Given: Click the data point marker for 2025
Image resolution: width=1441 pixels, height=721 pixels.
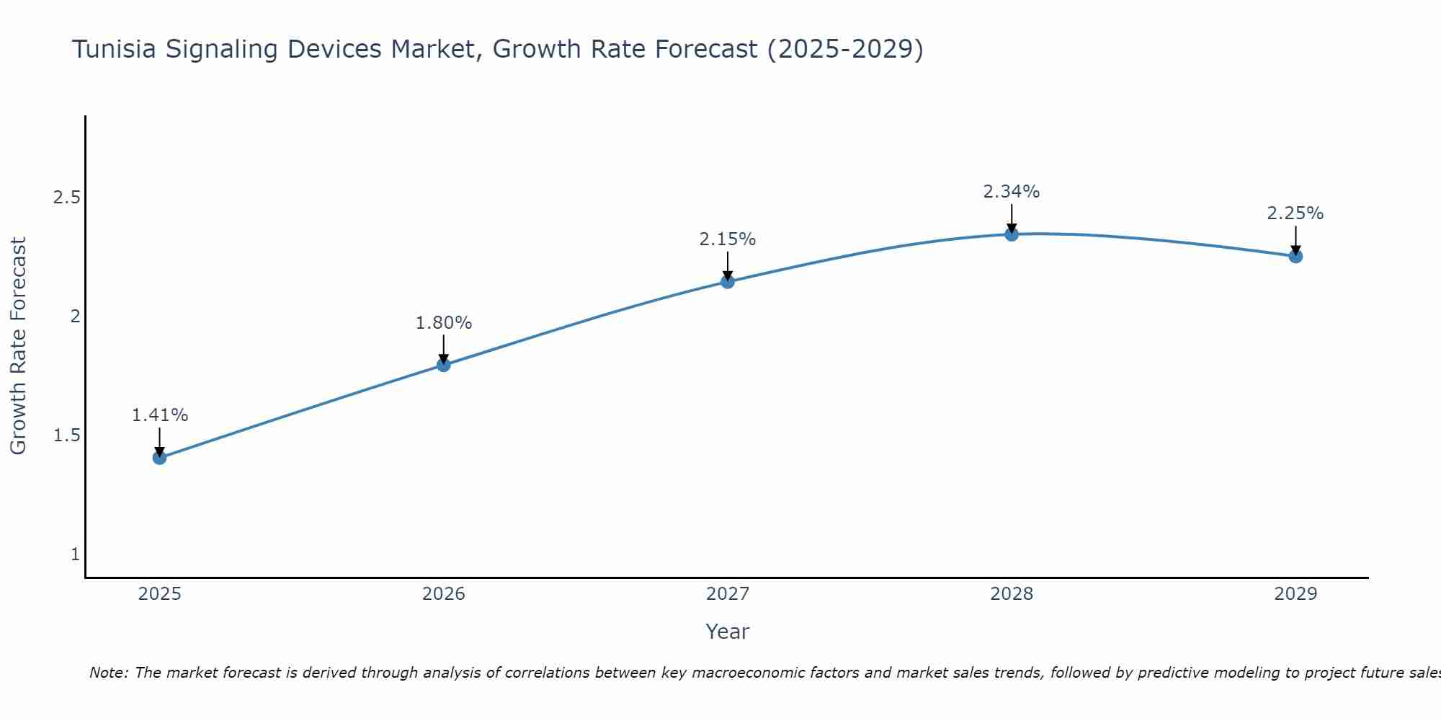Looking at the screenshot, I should [159, 458].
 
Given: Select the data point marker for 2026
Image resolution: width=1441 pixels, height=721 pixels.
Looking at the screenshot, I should [443, 365].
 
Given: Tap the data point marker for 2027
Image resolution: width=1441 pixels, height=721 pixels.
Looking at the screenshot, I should [728, 281].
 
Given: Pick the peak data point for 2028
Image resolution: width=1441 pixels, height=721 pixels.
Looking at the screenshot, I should [1012, 234].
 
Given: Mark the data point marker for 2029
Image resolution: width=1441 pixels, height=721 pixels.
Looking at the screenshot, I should [1295, 256].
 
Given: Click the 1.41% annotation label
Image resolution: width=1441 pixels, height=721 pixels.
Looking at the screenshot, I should [159, 415].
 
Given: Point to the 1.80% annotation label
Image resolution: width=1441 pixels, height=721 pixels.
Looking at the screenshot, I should [443, 323].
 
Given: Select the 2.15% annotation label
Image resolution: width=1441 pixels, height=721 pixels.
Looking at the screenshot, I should [728, 239].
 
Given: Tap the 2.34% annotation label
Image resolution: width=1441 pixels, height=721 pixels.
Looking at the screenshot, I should [1012, 192].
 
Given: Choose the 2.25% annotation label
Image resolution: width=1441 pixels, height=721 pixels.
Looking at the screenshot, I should [1295, 213].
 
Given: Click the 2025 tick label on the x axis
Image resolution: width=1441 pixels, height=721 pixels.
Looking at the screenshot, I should [159, 594].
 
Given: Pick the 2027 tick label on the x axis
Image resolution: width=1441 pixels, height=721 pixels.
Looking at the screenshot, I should [728, 594].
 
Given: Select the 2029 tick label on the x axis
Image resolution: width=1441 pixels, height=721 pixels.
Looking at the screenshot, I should [1295, 594].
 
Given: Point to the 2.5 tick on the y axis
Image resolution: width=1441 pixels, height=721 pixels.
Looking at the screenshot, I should [66, 198].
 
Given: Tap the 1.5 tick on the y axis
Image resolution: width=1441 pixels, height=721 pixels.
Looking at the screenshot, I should [66, 435].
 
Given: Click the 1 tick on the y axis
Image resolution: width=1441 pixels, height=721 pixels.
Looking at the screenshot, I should [75, 554].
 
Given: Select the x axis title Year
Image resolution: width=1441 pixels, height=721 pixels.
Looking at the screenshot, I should [728, 632].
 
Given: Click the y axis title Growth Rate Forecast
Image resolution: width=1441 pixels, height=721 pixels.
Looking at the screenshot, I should [18, 346].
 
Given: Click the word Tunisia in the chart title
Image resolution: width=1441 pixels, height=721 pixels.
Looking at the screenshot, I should [115, 50].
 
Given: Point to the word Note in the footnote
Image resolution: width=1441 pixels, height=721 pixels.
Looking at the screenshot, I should [108, 673].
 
